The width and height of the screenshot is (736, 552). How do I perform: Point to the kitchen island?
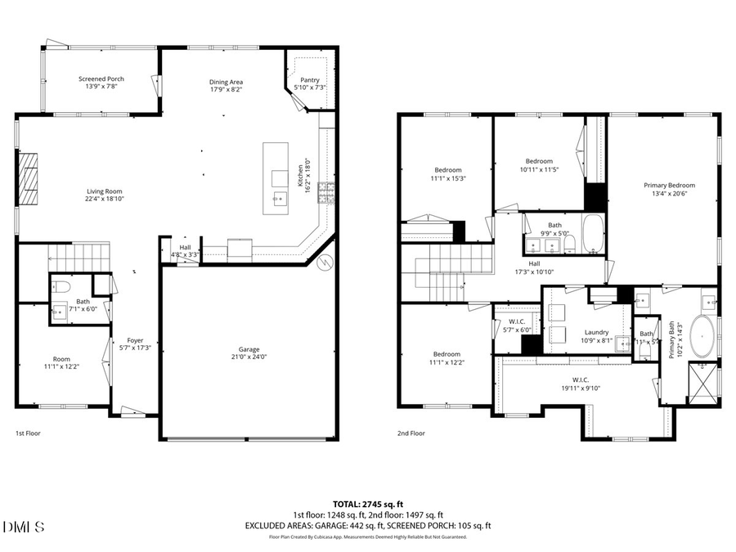(276, 179)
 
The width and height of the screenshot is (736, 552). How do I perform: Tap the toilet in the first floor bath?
(61, 286)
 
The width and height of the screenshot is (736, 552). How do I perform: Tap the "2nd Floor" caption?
(411, 433)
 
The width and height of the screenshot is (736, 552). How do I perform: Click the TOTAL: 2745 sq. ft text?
(368, 504)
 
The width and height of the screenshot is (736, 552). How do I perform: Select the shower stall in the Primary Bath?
(703, 380)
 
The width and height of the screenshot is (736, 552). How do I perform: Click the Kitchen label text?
(300, 174)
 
